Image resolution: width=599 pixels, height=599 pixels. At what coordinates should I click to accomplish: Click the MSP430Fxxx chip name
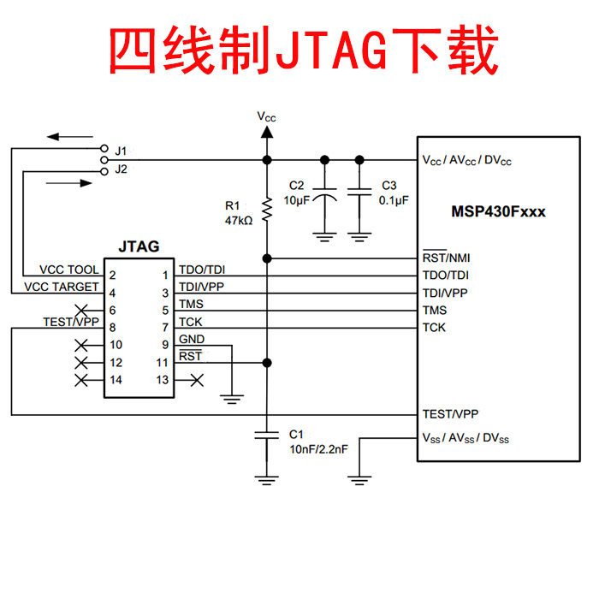(x=498, y=211)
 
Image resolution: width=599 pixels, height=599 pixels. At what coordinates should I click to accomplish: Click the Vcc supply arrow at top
(x=266, y=132)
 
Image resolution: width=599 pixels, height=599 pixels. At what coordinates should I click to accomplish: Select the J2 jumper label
(x=121, y=169)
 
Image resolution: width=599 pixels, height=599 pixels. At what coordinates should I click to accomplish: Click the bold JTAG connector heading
(x=137, y=246)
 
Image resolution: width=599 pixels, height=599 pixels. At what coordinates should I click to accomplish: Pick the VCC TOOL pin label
(x=68, y=270)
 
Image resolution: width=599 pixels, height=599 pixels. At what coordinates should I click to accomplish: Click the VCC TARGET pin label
(x=62, y=287)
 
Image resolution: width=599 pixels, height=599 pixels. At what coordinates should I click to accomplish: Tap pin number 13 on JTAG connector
(x=162, y=379)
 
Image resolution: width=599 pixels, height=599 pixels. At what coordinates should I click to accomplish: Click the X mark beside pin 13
(x=197, y=379)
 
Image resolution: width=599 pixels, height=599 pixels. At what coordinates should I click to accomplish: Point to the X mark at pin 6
(x=81, y=310)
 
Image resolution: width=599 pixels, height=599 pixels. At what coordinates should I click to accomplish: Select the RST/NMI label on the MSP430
(x=446, y=258)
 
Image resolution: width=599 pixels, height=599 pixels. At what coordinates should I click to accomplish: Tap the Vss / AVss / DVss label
(x=466, y=438)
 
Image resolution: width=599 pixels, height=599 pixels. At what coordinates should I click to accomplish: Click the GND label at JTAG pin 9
(x=191, y=340)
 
